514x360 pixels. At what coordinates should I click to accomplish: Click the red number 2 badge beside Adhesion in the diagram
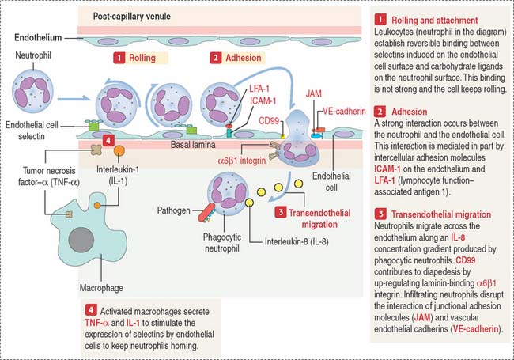pos(214,58)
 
